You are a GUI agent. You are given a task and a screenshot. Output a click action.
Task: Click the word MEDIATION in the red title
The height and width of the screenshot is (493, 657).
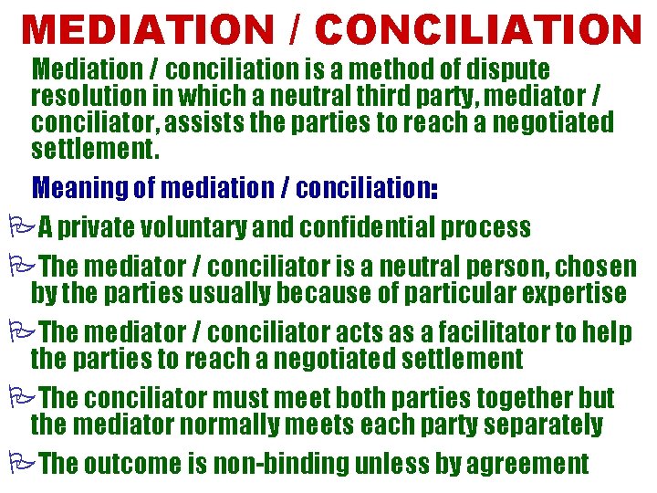pyautogui.click(x=146, y=30)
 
